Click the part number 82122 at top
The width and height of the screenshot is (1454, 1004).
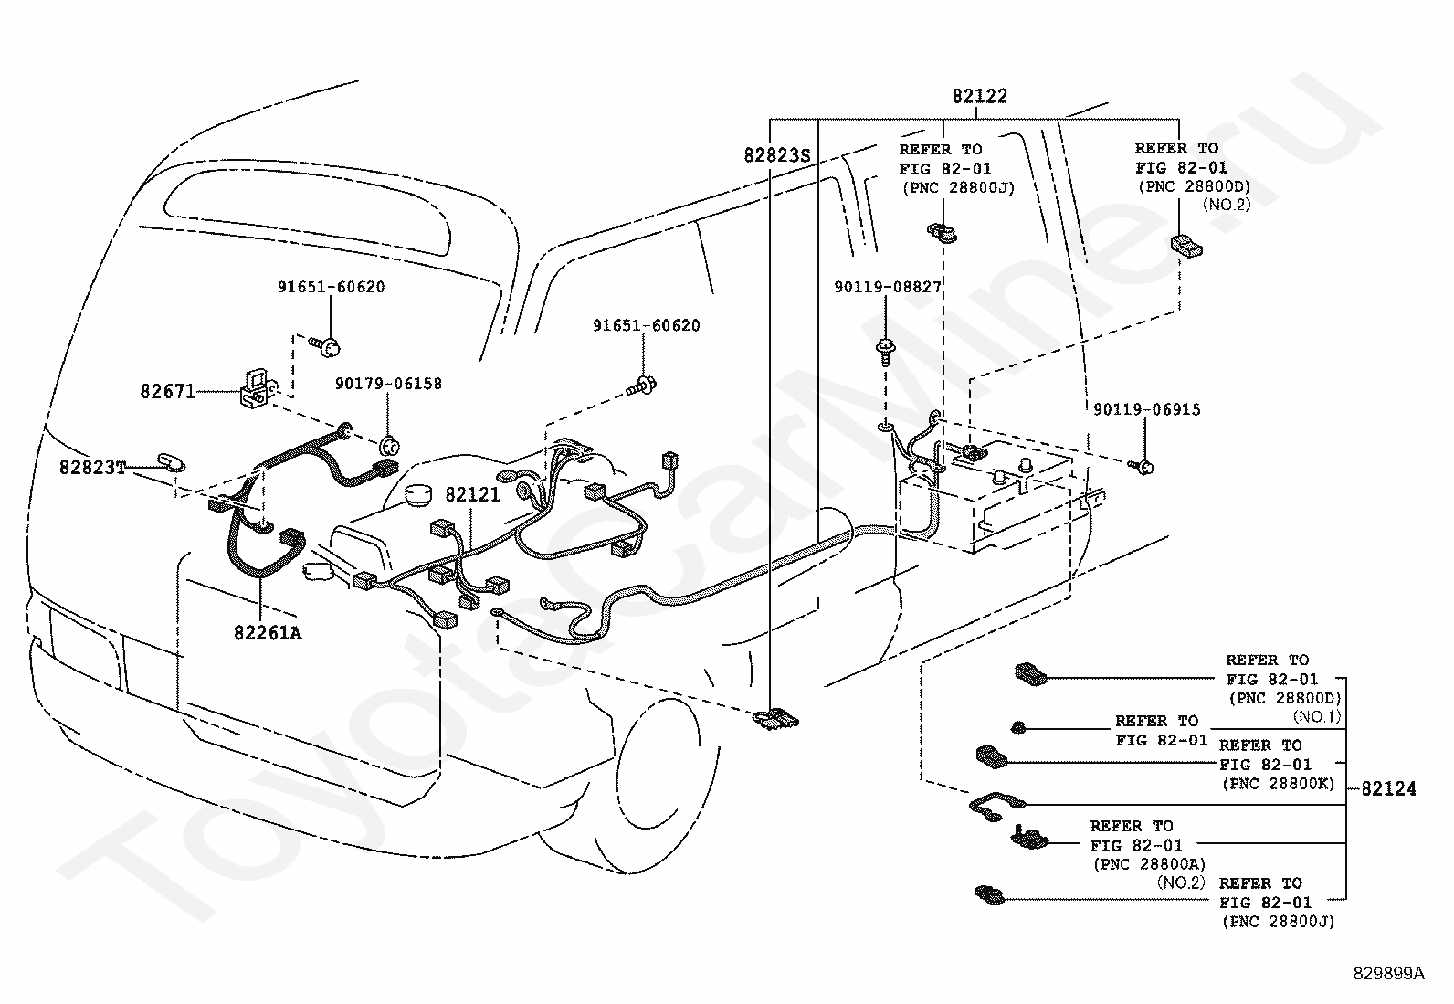pyautogui.click(x=979, y=97)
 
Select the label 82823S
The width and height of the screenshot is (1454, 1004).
pyautogui.click(x=777, y=156)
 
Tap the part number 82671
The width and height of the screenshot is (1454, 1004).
pyautogui.click(x=167, y=391)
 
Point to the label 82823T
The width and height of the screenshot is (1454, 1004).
pyautogui.click(x=91, y=467)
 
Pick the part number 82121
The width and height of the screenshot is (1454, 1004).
pyautogui.click(x=472, y=494)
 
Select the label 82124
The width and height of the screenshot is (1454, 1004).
pyautogui.click(x=1388, y=787)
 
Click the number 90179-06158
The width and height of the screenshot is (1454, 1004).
pyautogui.click(x=388, y=384)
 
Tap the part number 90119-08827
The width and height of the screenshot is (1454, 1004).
pyautogui.click(x=887, y=287)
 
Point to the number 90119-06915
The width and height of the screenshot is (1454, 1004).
pyautogui.click(x=1146, y=409)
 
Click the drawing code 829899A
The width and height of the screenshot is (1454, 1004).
pyautogui.click(x=1388, y=974)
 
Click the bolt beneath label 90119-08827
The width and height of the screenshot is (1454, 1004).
pyautogui.click(x=886, y=350)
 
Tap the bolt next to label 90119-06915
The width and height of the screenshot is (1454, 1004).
pyautogui.click(x=1143, y=468)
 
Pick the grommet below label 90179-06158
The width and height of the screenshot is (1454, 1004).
pyautogui.click(x=390, y=446)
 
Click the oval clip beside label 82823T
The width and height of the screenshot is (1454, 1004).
pyautogui.click(x=171, y=460)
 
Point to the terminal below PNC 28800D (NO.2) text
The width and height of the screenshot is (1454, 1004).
pyautogui.click(x=1185, y=245)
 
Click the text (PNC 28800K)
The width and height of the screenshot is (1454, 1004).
pyautogui.click(x=1277, y=784)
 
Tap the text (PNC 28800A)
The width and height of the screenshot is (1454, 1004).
pyautogui.click(x=1148, y=863)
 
